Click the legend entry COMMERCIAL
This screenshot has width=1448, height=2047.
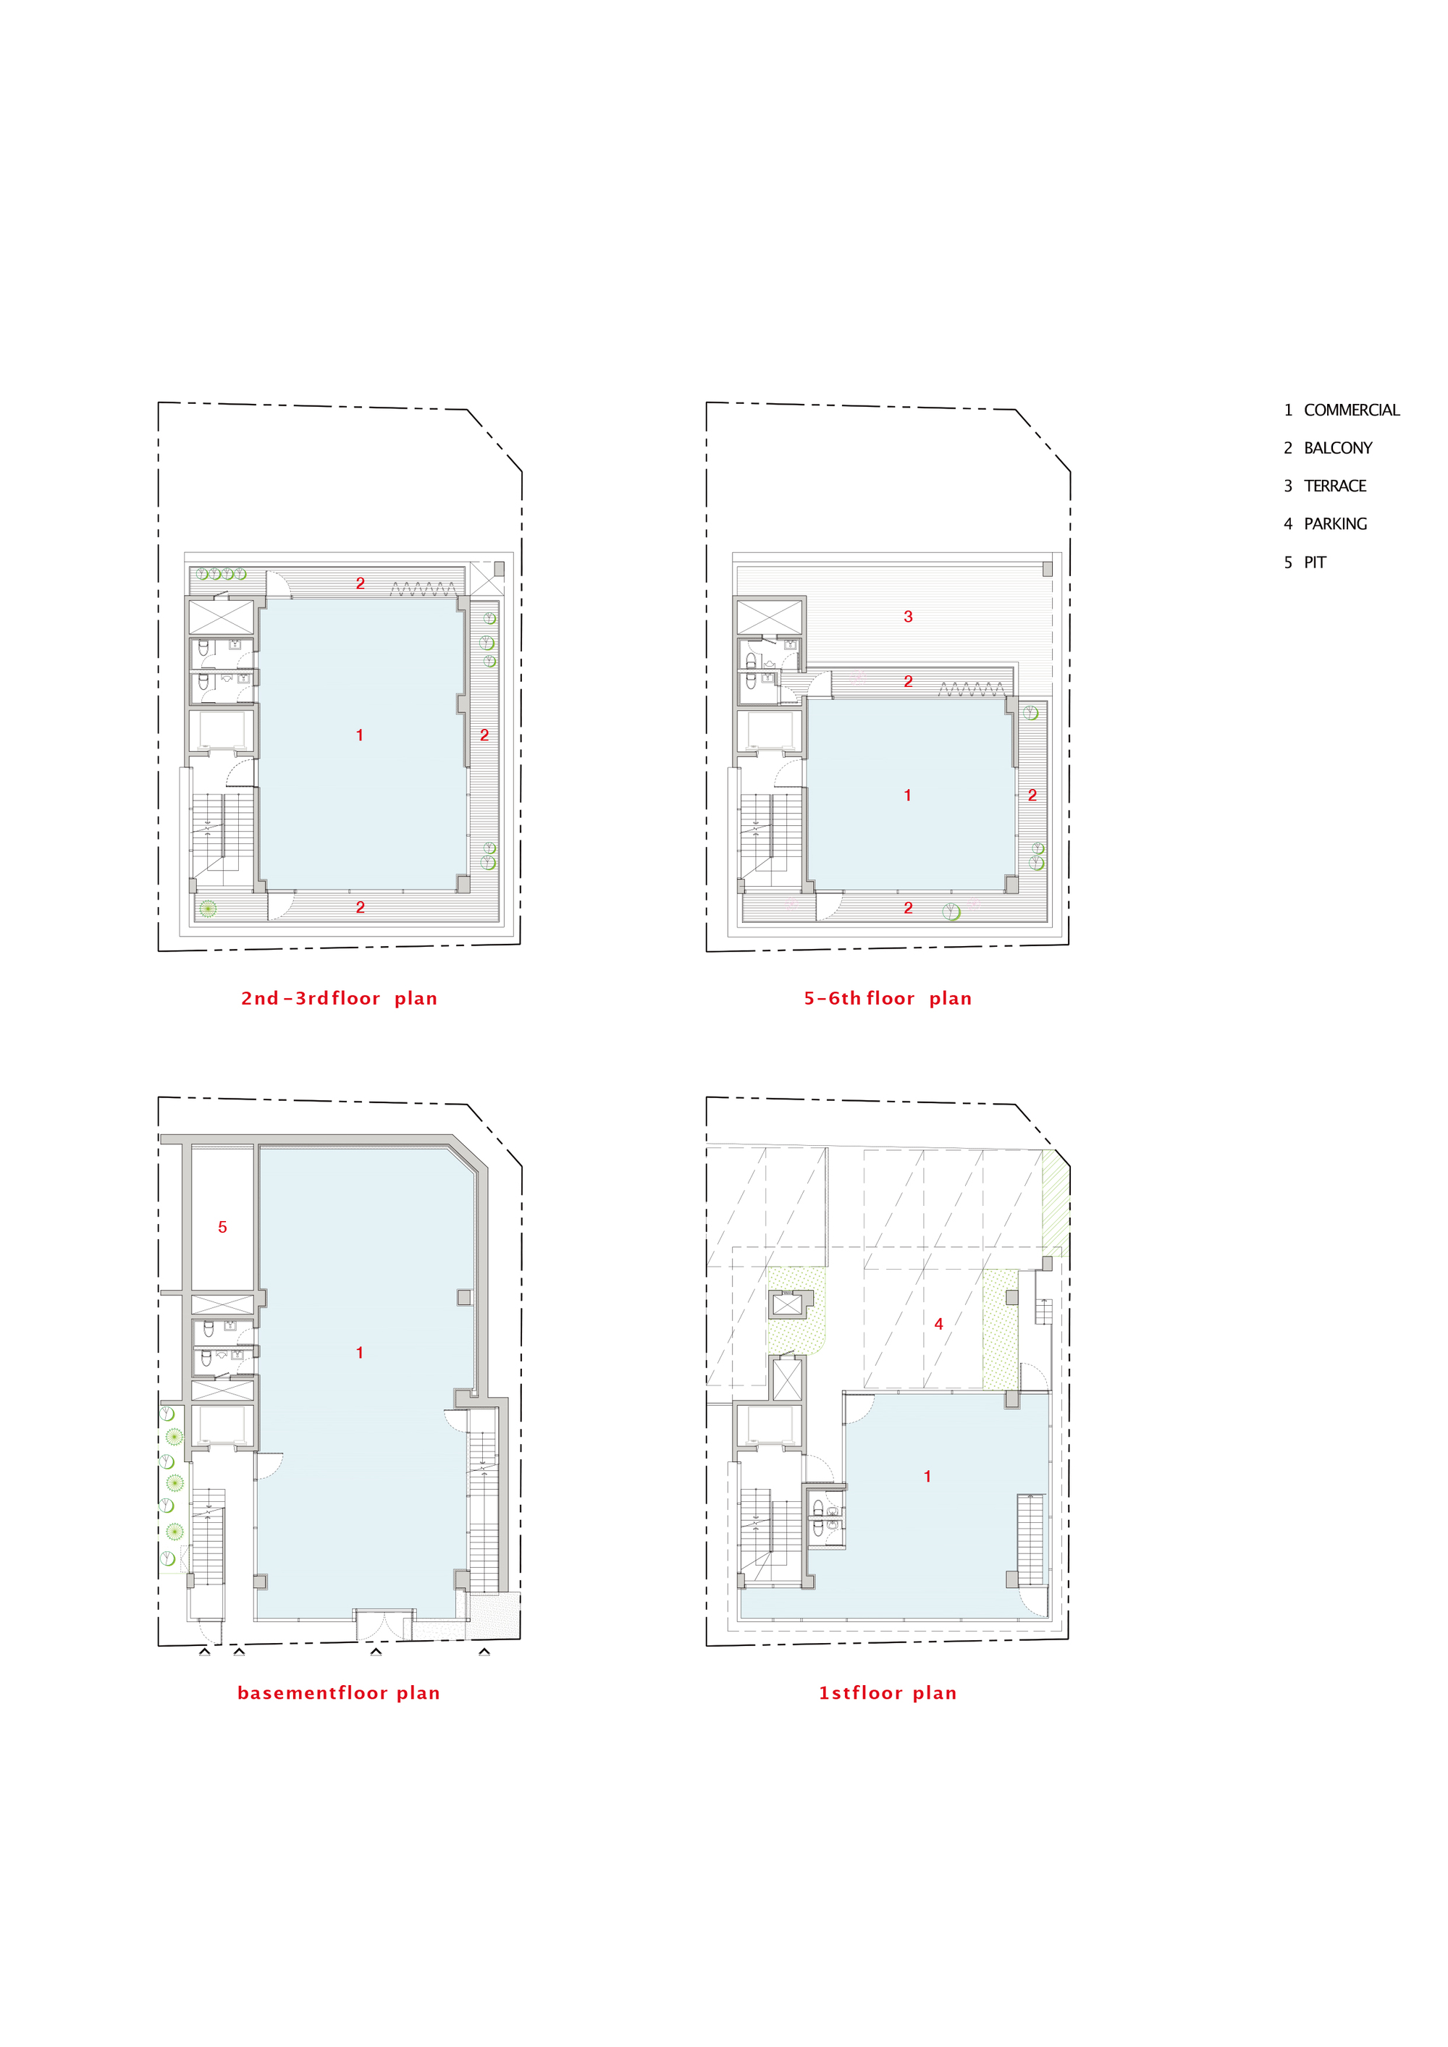pos(1341,410)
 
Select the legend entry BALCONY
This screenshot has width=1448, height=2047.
pos(1328,449)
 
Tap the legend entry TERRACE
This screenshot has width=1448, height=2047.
pos(1325,486)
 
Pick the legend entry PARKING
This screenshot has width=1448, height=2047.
pos(1325,524)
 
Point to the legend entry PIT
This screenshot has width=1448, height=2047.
pos(1305,562)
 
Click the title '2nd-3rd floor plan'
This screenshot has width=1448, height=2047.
pos(339,999)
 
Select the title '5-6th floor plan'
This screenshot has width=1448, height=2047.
pos(887,999)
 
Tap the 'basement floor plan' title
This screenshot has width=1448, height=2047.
pos(339,1693)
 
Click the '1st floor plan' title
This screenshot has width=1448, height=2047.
pos(887,1693)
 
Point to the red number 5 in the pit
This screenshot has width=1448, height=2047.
pos(223,1228)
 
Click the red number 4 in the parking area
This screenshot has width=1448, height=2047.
pos(938,1324)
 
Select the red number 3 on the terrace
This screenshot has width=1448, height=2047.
pos(908,616)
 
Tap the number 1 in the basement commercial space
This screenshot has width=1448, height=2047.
pos(359,1352)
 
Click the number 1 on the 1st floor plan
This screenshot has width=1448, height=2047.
pos(927,1477)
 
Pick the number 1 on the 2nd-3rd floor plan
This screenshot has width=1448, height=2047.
pos(359,735)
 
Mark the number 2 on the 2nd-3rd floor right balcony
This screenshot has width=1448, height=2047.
pos(484,735)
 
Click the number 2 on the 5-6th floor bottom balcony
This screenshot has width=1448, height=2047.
pos(908,908)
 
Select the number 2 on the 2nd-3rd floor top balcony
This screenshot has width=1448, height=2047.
pos(361,583)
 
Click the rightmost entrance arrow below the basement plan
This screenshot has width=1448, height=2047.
pos(484,1652)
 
